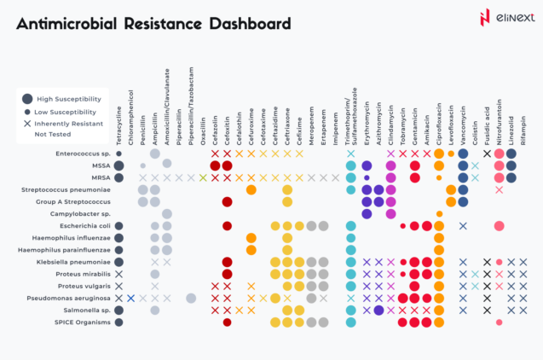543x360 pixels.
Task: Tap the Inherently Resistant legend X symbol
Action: pyautogui.click(x=27, y=123)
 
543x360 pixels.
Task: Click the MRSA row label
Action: pyautogui.click(x=98, y=177)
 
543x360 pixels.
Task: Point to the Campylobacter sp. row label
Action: pyautogui.click(x=79, y=213)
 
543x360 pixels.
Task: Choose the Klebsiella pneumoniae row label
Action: pyautogui.click(x=72, y=262)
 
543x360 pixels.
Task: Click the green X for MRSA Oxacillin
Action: pyautogui.click(x=203, y=177)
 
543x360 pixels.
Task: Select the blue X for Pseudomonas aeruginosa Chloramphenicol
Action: pyautogui.click(x=130, y=298)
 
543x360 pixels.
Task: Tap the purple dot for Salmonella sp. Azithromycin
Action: pyautogui.click(x=378, y=311)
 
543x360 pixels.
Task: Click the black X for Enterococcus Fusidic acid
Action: pyautogui.click(x=487, y=154)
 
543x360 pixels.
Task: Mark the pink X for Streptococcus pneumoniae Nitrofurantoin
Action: pyautogui.click(x=499, y=189)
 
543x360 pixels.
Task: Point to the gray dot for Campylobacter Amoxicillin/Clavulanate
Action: pyautogui.click(x=166, y=213)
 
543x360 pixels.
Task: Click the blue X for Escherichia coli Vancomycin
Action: pyautogui.click(x=463, y=226)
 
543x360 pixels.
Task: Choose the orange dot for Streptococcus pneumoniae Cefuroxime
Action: pyautogui.click(x=251, y=189)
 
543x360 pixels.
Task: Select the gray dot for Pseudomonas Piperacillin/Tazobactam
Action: pyautogui.click(x=191, y=298)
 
